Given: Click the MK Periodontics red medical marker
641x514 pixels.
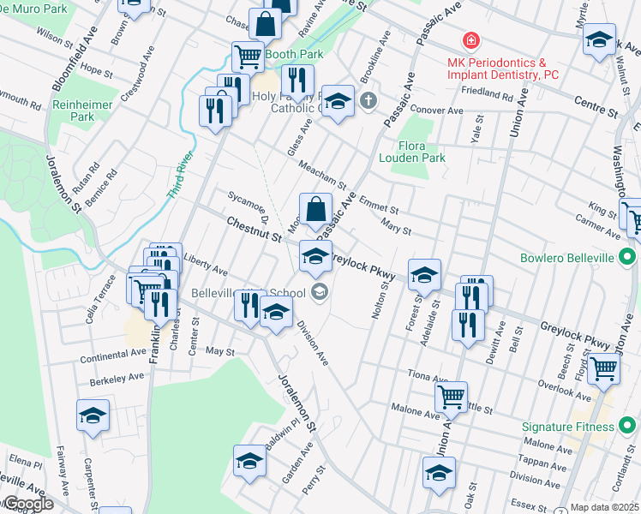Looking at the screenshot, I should coord(470,41).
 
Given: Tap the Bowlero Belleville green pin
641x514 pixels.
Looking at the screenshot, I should coord(627,257).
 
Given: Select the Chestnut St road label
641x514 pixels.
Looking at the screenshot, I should coord(254,232).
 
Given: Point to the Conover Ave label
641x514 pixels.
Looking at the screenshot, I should coord(436,111).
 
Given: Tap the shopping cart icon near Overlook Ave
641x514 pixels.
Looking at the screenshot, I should coord(604,369).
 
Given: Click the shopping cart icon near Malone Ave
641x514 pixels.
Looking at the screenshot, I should coord(450,396).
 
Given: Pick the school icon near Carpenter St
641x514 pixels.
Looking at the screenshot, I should coord(93,415).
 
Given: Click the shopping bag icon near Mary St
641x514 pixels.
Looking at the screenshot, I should coord(315,207).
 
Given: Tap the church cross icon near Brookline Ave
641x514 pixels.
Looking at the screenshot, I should coord(368,102).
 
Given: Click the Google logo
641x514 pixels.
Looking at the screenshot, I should coord(27,504).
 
